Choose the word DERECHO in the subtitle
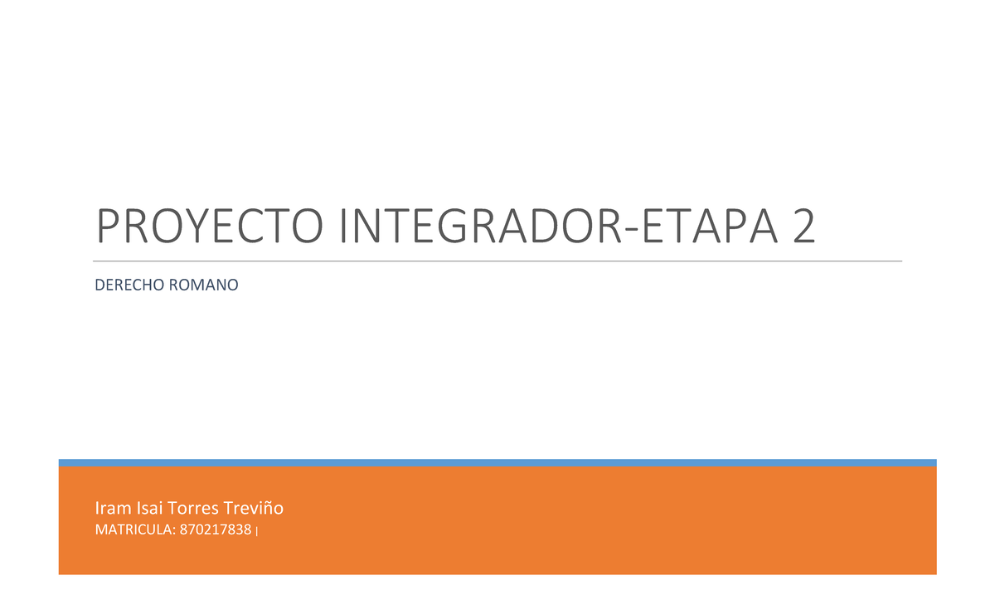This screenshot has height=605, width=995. pyautogui.click(x=130, y=285)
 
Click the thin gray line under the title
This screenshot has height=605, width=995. pyautogui.click(x=498, y=261)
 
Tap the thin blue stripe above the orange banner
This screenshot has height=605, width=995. pyautogui.click(x=498, y=462)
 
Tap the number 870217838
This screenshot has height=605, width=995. pyautogui.click(x=215, y=530)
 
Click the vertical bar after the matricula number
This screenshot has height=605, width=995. pyautogui.click(x=258, y=531)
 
